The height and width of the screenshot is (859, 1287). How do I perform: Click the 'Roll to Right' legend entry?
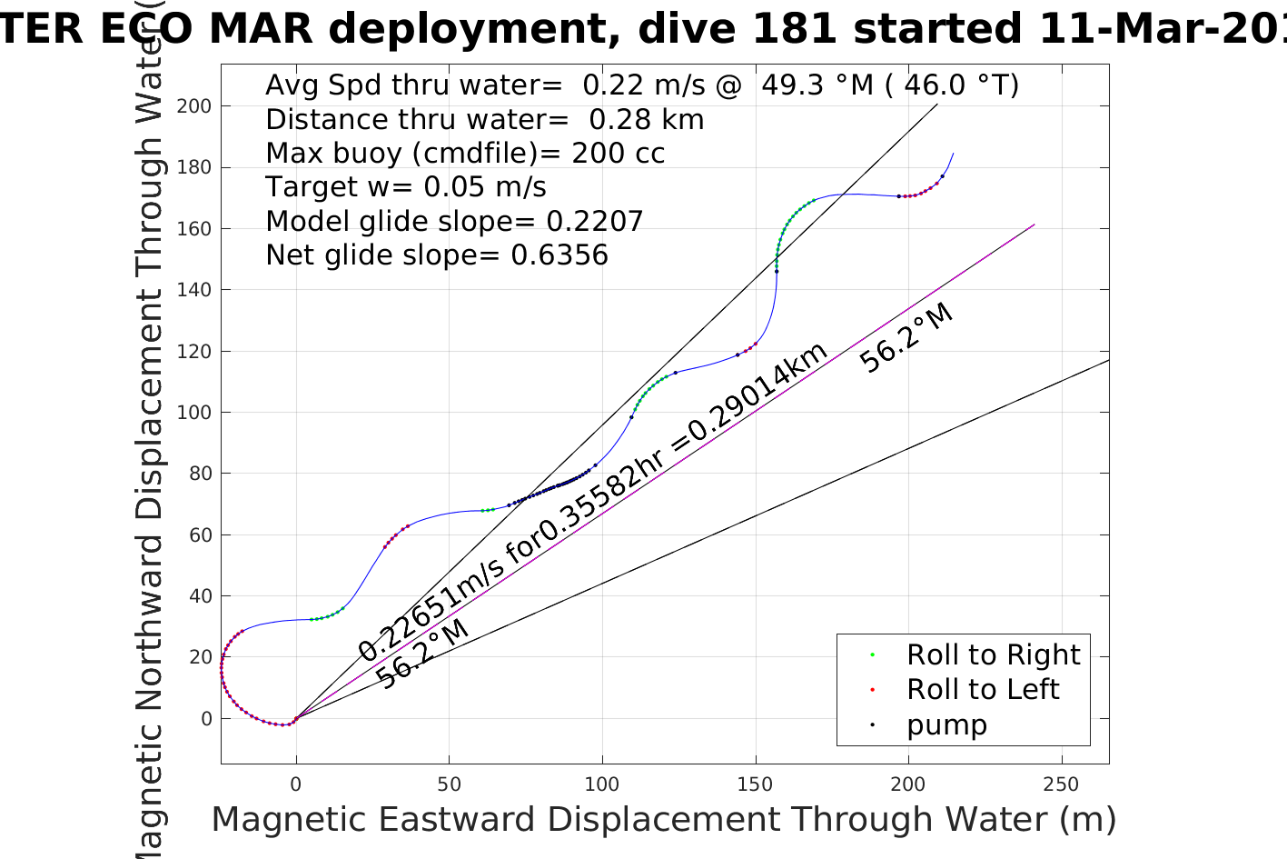pyautogui.click(x=993, y=654)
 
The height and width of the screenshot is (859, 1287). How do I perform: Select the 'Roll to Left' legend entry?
pyautogui.click(x=982, y=689)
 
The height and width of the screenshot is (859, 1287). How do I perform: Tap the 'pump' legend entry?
pyautogui.click(x=946, y=725)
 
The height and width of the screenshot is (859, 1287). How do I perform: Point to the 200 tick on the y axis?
pyautogui.click(x=193, y=105)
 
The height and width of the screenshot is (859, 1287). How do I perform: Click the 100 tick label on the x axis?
pyautogui.click(x=601, y=784)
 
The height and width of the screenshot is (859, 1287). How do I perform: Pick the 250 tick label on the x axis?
pyautogui.click(x=1061, y=784)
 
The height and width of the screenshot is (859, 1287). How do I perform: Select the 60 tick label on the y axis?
pyautogui.click(x=199, y=534)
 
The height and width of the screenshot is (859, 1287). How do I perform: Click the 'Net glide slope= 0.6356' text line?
pyautogui.click(x=437, y=255)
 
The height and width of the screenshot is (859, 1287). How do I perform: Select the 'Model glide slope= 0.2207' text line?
pyautogui.click(x=454, y=221)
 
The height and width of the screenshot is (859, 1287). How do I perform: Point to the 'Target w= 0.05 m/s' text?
pyautogui.click(x=406, y=187)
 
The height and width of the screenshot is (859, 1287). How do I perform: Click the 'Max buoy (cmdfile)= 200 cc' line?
pyautogui.click(x=465, y=153)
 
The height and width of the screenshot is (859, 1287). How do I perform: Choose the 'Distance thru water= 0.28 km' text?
pyautogui.click(x=484, y=119)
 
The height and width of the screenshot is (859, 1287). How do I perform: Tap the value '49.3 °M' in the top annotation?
pyautogui.click(x=817, y=85)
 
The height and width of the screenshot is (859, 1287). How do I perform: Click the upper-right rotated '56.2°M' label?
pyautogui.click(x=906, y=338)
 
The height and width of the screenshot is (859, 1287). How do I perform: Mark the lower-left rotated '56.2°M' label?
pyautogui.click(x=422, y=654)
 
